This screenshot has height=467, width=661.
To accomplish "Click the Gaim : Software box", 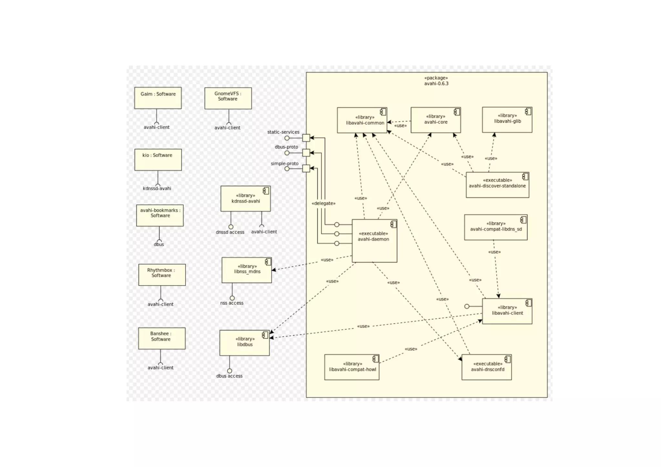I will coord(158,98).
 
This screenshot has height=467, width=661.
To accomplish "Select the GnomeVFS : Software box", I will coord(228,98).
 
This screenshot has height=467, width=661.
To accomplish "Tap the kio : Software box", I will coord(158,159).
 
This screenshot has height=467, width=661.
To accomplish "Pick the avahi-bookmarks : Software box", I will coord(160,215).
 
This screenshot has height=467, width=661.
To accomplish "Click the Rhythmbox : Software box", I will coord(162,275).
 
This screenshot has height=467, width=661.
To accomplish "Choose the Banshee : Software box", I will coord(162,338).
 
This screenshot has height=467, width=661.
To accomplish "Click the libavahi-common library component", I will coord(362,120).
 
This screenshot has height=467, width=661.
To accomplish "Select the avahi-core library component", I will coord(435,120).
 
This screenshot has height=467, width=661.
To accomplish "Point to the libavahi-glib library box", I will coord(507,120).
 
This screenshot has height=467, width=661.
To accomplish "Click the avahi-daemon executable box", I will coord(374,241).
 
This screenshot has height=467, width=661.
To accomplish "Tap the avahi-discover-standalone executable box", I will coord(497,185).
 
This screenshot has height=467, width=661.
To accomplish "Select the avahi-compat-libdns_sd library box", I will coord(495,227).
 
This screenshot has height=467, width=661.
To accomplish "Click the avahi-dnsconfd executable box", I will coord(486,367).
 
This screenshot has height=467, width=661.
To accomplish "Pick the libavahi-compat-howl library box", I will coord(351,367).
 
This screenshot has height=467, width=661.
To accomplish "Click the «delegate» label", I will coord(323,203).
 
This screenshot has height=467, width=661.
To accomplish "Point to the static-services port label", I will coord(283,132).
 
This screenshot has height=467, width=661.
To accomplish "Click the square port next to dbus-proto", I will coord(306,153).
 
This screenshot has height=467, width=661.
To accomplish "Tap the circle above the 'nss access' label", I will coord(232,298).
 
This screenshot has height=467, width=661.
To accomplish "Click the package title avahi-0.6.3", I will coord(436,84).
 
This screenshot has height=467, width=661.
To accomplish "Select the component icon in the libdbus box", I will coord(265,335).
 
